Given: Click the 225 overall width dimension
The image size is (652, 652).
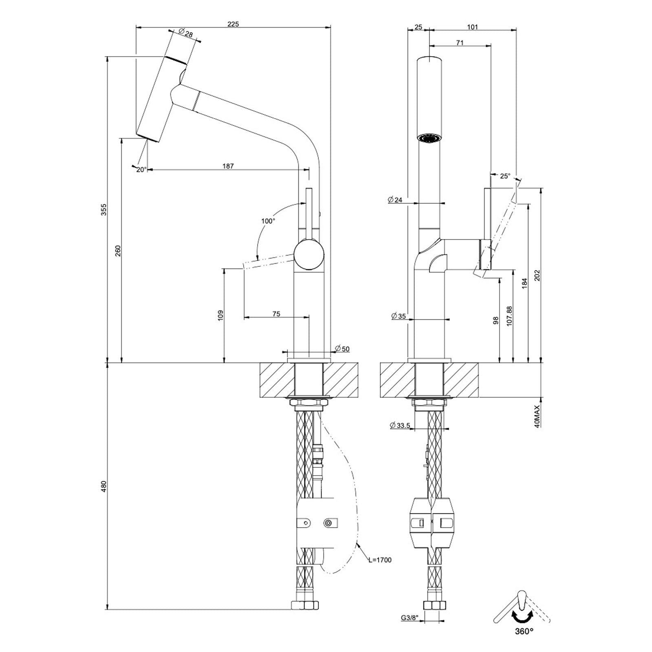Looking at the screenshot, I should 233,24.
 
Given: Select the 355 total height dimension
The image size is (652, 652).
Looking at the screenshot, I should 104,209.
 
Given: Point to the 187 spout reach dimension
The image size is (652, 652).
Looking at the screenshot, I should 228,166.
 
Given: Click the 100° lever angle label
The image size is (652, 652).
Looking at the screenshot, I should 268,221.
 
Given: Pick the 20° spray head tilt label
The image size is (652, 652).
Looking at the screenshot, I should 141,170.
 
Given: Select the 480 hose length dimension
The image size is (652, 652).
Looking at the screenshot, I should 104,487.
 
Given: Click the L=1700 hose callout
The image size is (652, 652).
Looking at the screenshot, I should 380,560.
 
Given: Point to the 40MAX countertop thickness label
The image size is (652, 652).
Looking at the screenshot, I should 537,416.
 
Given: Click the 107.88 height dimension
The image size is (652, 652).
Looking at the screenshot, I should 509,316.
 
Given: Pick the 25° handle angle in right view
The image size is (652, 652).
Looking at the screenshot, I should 504,176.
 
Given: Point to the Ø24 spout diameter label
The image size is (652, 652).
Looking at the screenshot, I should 395,200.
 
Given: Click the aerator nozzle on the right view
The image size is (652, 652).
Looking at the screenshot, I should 430,139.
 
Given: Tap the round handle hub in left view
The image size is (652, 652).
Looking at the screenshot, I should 309,254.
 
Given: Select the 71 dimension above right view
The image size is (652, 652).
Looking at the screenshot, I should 460,42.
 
